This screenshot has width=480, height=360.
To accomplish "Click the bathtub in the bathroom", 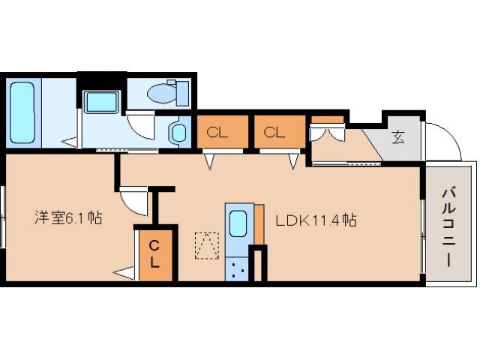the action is [22, 112].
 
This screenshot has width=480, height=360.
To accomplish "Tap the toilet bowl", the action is [161, 92].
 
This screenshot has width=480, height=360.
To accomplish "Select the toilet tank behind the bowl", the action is [182, 93].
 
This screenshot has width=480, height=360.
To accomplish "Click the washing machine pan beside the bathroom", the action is [101, 102].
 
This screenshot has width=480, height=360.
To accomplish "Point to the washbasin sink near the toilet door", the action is [178, 133].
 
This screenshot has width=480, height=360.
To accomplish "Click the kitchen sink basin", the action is [238, 223].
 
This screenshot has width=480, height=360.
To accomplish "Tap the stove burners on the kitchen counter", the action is [238, 268].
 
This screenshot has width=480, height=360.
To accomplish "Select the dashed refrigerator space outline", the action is [207, 246].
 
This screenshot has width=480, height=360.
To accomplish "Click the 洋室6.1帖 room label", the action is [68, 218].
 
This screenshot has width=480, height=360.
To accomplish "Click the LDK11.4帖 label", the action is [316, 220].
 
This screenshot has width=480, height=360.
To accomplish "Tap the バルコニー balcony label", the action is [448, 228].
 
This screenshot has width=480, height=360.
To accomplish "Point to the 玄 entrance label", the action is [398, 136].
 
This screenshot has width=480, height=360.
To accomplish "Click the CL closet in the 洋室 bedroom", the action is [155, 255].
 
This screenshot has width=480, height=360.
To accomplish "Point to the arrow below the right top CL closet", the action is [293, 161].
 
